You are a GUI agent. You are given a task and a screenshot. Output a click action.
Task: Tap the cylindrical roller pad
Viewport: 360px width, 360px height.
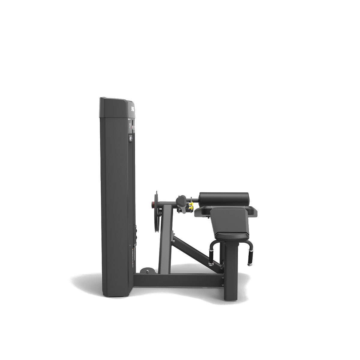[x=224, y=199]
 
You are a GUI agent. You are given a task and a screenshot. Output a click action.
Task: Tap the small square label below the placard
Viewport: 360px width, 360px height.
[x=131, y=138]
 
